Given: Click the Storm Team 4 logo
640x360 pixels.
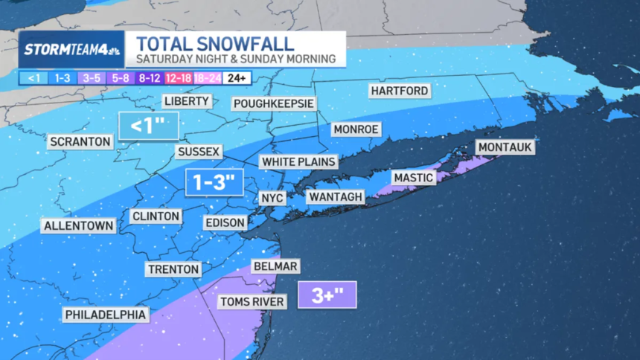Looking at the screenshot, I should (x=71, y=50).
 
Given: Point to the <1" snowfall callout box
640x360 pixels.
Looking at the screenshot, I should (x=149, y=125).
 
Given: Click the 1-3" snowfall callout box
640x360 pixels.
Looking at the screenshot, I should (x=214, y=181).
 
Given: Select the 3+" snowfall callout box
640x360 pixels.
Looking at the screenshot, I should (x=327, y=295).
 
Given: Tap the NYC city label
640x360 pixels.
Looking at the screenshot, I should (x=270, y=198).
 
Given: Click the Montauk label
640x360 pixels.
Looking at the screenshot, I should (x=505, y=147).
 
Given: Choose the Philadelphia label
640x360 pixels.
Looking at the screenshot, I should (x=106, y=315).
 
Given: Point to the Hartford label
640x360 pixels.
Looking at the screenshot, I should (x=399, y=91).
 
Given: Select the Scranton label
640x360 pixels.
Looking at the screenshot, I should (x=80, y=141).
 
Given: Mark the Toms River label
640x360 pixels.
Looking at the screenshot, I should (x=252, y=301).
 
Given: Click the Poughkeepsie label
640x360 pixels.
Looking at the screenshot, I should (x=273, y=103).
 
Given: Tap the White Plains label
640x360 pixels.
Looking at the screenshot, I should (x=298, y=161).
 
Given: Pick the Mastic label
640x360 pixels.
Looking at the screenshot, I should (x=412, y=178).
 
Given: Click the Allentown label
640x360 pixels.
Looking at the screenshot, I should (x=79, y=225).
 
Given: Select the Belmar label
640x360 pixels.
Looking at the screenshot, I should (x=275, y=266).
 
